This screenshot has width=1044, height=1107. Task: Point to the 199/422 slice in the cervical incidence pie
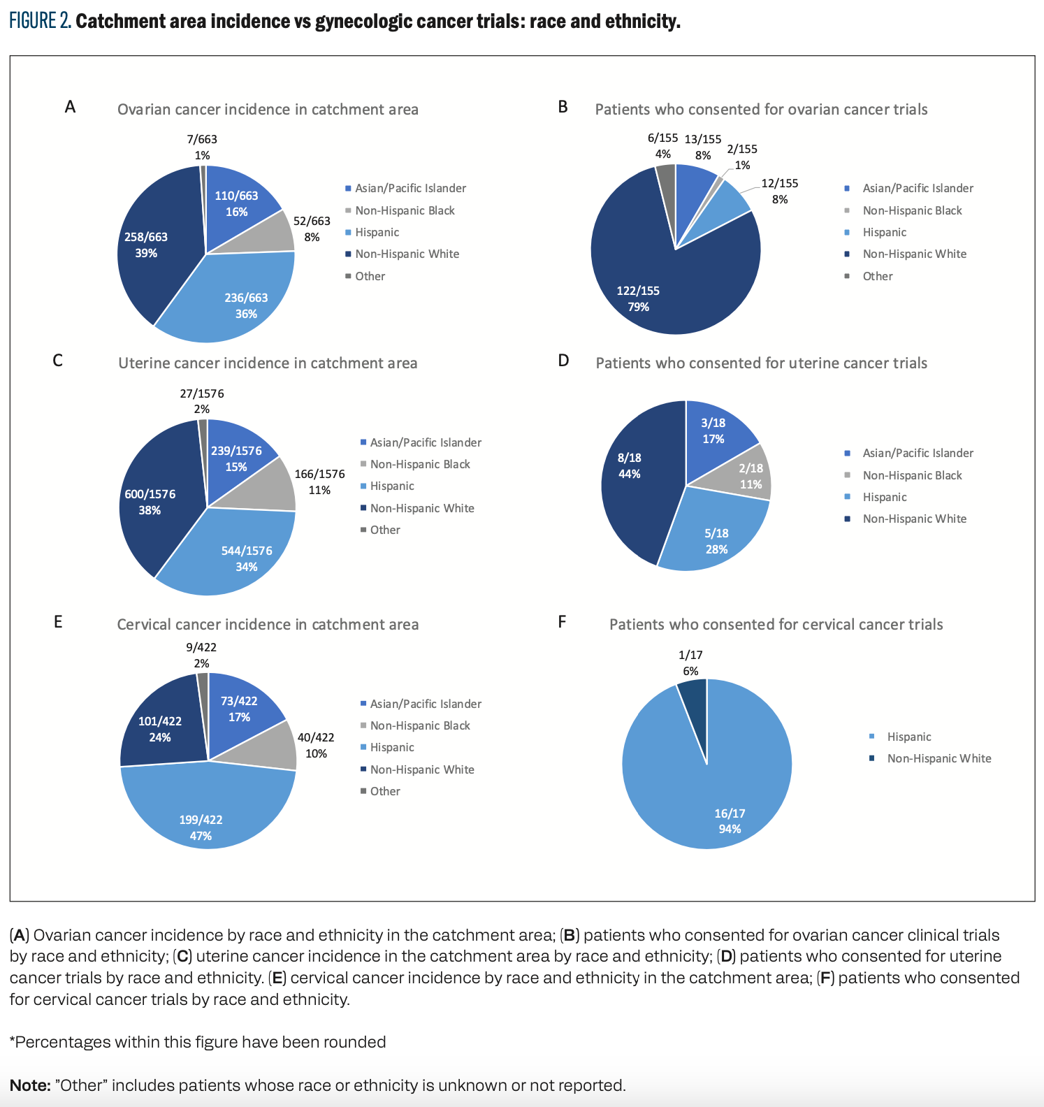203,811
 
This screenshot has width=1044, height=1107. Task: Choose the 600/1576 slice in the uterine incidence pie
154,500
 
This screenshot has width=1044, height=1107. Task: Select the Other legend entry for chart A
370,276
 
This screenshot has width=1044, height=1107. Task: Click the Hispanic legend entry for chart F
908,737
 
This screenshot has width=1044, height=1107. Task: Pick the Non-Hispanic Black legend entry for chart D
912,475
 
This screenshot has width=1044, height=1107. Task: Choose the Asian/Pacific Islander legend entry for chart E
426,704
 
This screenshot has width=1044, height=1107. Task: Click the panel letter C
58,361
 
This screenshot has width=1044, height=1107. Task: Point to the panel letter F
562,622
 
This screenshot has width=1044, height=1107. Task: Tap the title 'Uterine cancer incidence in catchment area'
268,363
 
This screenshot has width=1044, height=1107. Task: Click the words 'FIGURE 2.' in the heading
40,21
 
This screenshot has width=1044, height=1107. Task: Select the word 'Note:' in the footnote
30,1085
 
